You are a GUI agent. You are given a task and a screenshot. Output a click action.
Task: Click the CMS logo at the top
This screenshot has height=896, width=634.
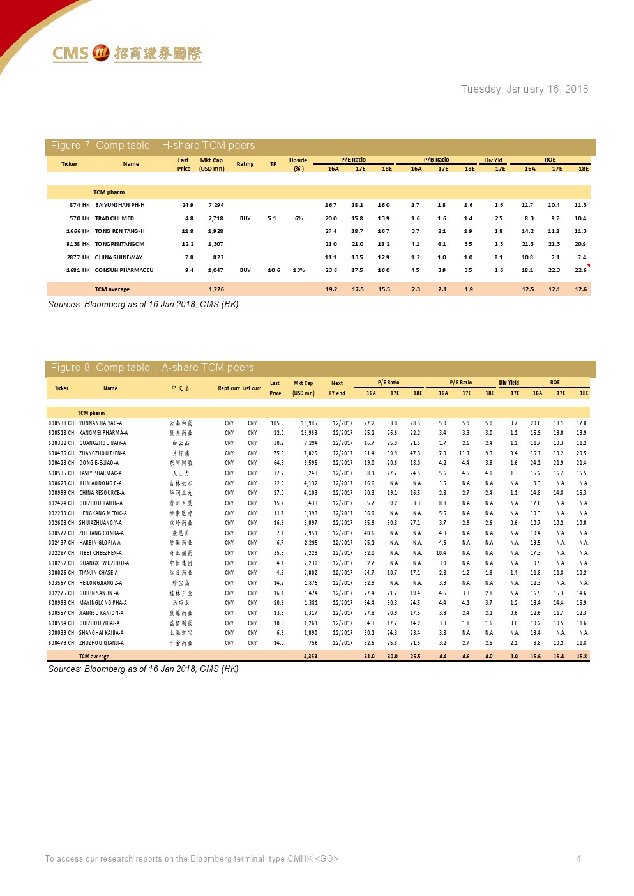point(126,53)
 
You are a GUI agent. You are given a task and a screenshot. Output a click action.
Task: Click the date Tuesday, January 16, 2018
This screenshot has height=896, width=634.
point(524,89)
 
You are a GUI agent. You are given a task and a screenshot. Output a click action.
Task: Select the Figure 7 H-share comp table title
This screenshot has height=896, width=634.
point(153,146)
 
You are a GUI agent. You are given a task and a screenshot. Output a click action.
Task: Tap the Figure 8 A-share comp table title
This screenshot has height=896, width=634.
point(152,368)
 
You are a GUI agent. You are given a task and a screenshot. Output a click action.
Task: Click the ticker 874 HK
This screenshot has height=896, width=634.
point(79,205)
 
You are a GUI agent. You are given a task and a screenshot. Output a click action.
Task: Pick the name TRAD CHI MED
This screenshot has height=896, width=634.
point(114,218)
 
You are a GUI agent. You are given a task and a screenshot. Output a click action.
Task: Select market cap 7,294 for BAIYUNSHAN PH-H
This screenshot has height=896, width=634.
point(216,205)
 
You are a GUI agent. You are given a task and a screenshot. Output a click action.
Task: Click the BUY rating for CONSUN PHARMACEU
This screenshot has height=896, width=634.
point(245,270)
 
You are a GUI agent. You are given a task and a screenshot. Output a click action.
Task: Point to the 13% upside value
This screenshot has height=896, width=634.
point(299,270)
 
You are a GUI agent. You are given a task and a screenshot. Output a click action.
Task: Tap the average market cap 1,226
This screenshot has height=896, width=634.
point(216,289)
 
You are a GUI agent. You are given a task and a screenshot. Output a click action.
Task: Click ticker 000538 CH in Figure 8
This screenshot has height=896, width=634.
point(61,423)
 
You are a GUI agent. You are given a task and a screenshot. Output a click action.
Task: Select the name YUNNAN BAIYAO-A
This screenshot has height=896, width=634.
point(100,423)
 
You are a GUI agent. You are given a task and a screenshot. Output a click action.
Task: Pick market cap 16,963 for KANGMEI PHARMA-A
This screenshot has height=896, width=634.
point(308,433)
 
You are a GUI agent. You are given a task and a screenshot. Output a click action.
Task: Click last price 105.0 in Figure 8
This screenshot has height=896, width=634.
point(277,423)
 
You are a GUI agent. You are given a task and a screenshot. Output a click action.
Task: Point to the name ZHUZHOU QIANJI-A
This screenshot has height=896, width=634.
point(102,643)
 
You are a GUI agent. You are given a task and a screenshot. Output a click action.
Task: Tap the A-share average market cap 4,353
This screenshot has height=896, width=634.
point(310,657)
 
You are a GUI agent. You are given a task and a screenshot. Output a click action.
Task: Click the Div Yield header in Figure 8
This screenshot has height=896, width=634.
point(509,383)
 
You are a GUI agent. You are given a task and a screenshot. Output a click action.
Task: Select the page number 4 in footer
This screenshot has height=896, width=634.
point(578,858)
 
